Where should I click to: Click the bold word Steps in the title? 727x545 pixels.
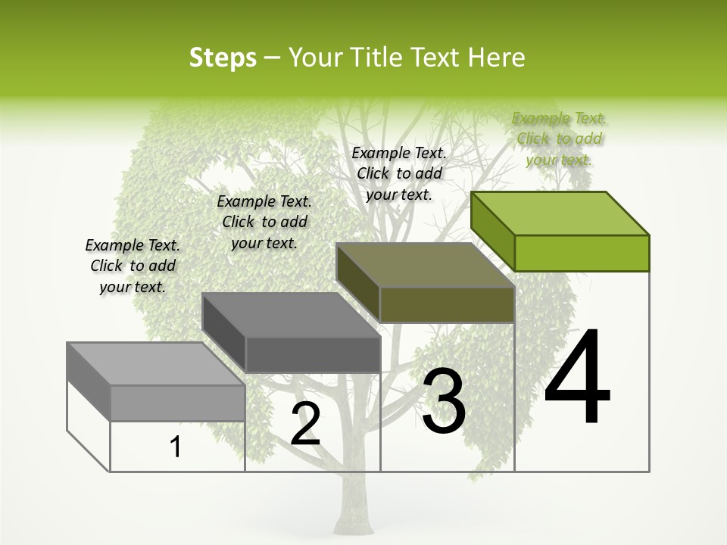223,58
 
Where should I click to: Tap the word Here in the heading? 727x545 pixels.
496,58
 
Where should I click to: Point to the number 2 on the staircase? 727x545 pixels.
305,425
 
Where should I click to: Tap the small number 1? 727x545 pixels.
176,447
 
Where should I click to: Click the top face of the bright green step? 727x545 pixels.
560,213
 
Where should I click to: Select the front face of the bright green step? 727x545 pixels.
582,253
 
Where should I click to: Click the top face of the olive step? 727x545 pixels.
426,265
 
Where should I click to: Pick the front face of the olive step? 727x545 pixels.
447,305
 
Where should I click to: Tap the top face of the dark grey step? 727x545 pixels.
291,315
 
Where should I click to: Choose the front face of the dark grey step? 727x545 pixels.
313,354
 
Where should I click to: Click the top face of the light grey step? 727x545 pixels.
156,364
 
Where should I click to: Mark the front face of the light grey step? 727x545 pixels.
177,403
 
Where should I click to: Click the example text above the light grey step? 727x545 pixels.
133,266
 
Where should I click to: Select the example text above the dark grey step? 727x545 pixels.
264,222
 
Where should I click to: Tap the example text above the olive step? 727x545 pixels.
399,173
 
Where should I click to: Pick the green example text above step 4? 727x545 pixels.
559,139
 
